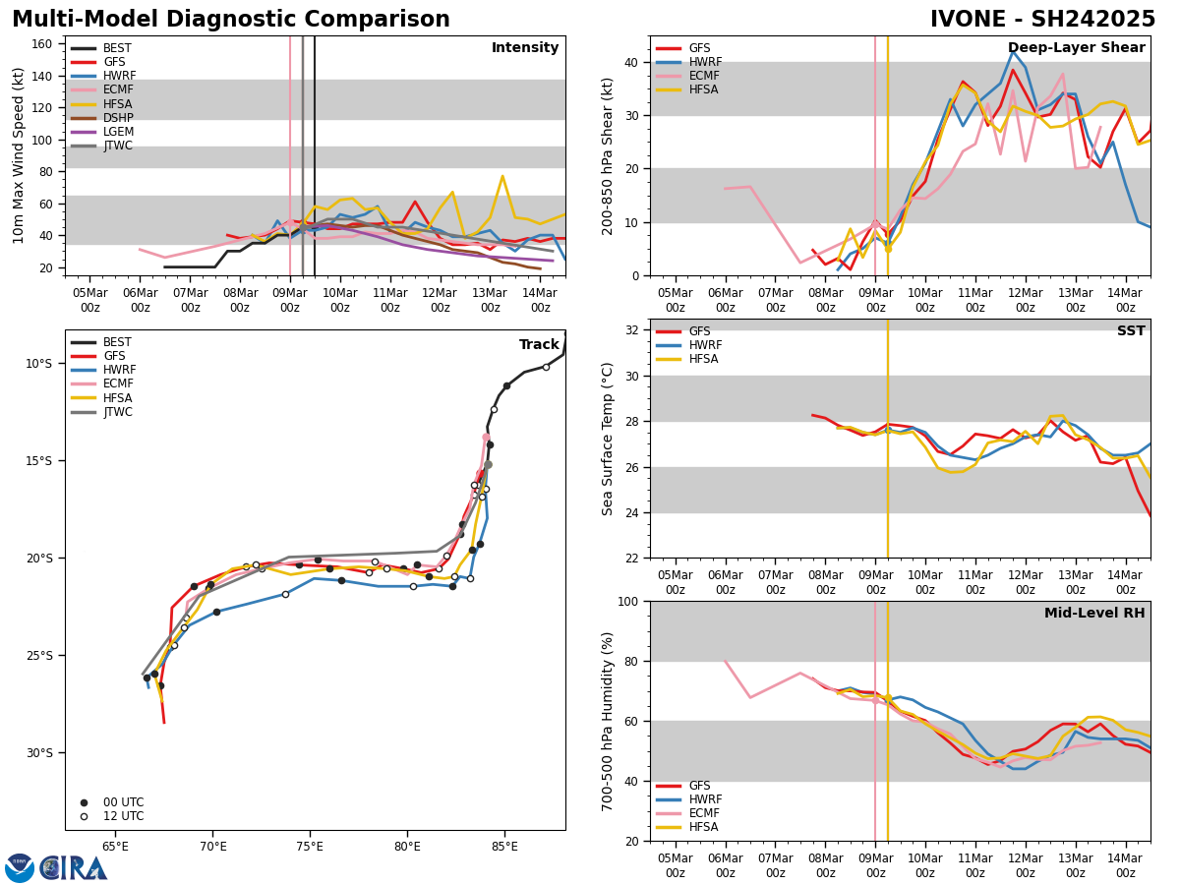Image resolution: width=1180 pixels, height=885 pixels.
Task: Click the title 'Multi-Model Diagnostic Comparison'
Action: (x=231, y=20)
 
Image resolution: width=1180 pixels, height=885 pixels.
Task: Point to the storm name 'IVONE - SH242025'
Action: (x=1042, y=20)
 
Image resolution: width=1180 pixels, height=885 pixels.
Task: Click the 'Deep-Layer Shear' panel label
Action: (x=1076, y=48)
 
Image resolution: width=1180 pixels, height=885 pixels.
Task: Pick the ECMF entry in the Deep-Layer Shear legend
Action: (x=699, y=76)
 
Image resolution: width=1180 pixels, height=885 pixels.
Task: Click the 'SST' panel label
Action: (x=1131, y=331)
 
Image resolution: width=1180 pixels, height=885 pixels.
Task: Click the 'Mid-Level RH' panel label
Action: (x=1094, y=614)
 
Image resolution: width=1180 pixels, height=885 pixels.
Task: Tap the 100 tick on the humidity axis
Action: (x=628, y=601)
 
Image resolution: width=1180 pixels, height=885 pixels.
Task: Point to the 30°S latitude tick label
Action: (x=39, y=753)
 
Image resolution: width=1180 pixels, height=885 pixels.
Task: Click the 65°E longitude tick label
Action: (x=115, y=847)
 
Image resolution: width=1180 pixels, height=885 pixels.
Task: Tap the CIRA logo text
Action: (x=74, y=868)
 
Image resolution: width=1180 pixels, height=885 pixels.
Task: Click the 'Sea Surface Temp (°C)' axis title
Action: (x=609, y=439)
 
